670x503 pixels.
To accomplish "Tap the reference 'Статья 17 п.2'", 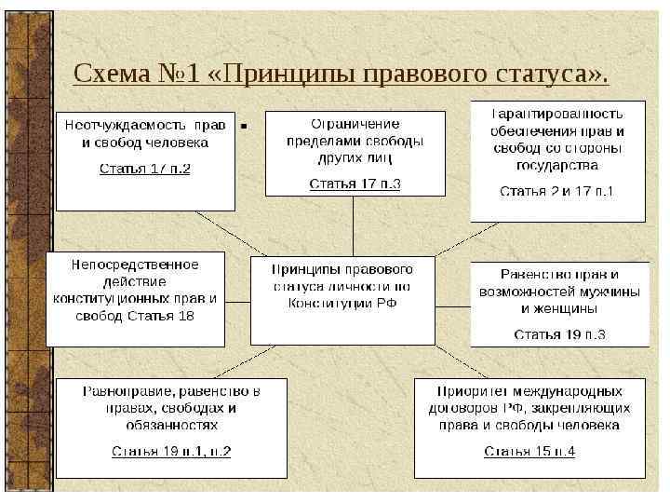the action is click(x=145, y=170).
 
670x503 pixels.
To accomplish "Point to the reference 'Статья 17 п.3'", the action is click(x=355, y=184).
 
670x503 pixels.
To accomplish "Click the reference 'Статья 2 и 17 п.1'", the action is click(x=556, y=191).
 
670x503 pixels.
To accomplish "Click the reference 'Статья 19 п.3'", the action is click(x=558, y=333).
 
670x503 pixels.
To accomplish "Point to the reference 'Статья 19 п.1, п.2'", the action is click(x=171, y=452).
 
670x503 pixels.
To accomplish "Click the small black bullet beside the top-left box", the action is click(x=243, y=123).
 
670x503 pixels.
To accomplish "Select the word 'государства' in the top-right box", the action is click(x=556, y=166).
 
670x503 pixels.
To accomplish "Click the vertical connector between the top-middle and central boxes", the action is click(x=353, y=225).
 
